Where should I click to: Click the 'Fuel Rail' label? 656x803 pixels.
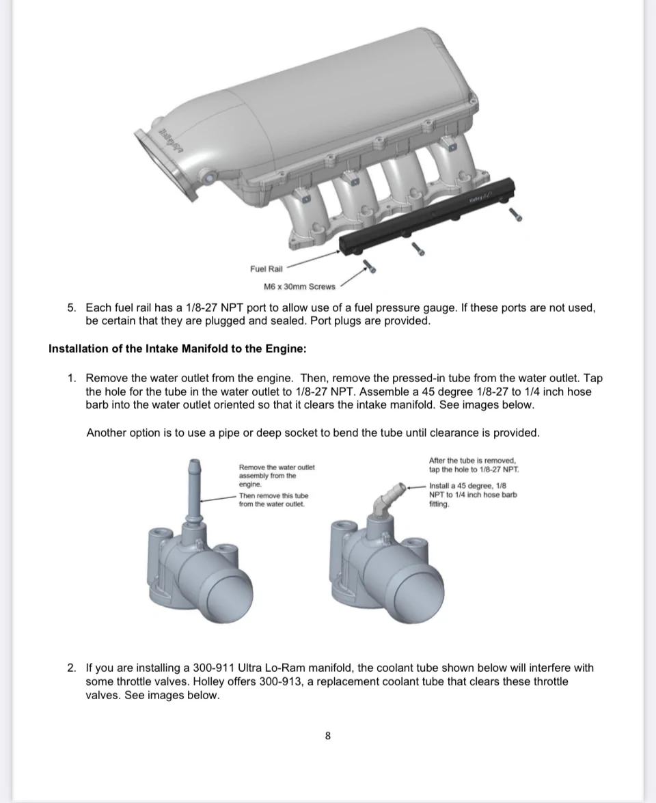pyautogui.click(x=266, y=269)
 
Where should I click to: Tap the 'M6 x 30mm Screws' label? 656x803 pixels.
pyautogui.click(x=299, y=287)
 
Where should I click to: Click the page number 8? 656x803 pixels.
pyautogui.click(x=328, y=736)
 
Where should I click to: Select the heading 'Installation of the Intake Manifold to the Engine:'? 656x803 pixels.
pyautogui.click(x=178, y=349)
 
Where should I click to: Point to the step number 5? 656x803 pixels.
pyautogui.click(x=72, y=308)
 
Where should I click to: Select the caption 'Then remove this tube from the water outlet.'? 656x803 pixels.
pyautogui.click(x=274, y=500)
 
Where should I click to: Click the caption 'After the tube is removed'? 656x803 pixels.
pyautogui.click(x=473, y=461)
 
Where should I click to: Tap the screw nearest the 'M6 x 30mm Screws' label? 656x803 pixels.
pyautogui.click(x=370, y=266)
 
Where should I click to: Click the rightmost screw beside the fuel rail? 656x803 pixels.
pyautogui.click(x=515, y=215)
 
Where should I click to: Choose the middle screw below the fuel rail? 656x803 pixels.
pyautogui.click(x=418, y=248)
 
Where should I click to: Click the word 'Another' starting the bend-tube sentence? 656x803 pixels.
pyautogui.click(x=105, y=433)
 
